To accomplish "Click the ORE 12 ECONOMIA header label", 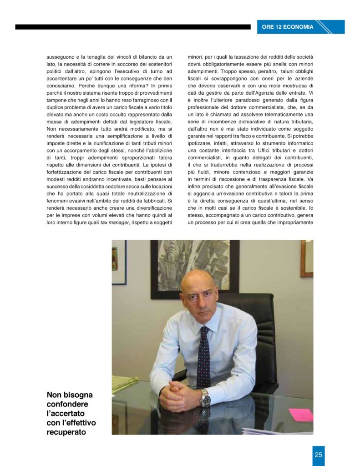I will point(288,27).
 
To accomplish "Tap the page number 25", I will point(319,455).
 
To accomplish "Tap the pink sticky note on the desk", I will point(301,415).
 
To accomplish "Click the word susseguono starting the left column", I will point(62,57).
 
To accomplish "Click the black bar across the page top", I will point(132,27).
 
